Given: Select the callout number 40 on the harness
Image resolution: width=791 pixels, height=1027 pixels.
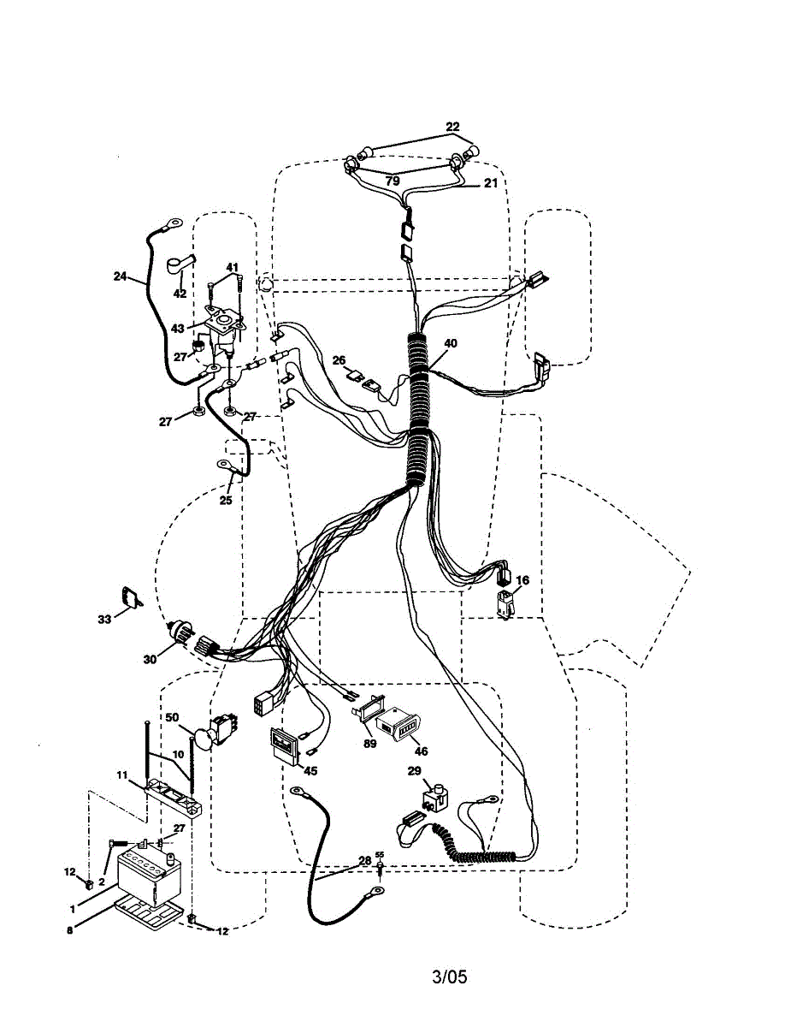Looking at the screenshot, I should coord(451,343).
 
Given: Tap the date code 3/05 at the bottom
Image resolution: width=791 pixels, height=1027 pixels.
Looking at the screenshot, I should coord(450,977).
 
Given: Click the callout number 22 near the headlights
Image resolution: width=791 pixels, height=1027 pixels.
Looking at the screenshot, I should coord(453,127).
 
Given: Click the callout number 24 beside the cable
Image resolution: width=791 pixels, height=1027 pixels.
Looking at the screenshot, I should coord(120,276).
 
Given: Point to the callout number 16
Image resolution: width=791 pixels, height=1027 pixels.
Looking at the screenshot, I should coord(522,580).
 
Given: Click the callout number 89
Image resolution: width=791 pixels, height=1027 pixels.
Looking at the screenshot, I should coord(369,745).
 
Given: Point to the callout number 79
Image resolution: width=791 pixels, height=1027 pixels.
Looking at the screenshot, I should coord(392,181).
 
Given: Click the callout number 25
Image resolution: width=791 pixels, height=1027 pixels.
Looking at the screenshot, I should coord(226,501).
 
